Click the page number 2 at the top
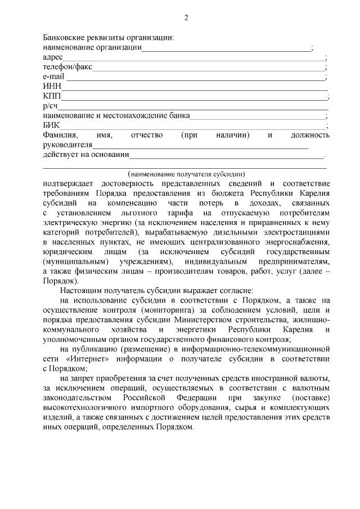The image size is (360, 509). click(186, 18)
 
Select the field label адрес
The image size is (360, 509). click(52, 57)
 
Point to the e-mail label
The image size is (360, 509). click(53, 76)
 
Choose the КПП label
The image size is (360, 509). click(52, 96)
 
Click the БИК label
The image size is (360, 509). click(51, 125)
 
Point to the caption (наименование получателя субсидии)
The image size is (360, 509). click(186, 174)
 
